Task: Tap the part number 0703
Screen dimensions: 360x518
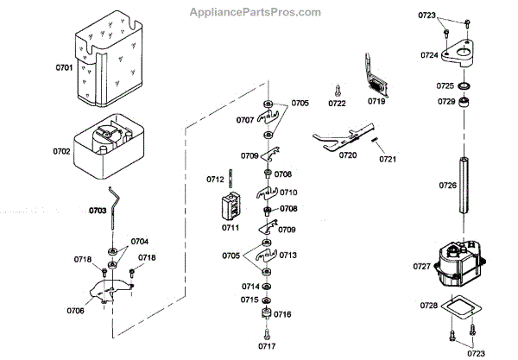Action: coord(98,210)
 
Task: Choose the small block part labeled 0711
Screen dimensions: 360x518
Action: coord(230,206)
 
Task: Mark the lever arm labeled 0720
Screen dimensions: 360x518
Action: coord(339,137)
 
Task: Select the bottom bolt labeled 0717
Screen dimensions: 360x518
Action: coord(264,332)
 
